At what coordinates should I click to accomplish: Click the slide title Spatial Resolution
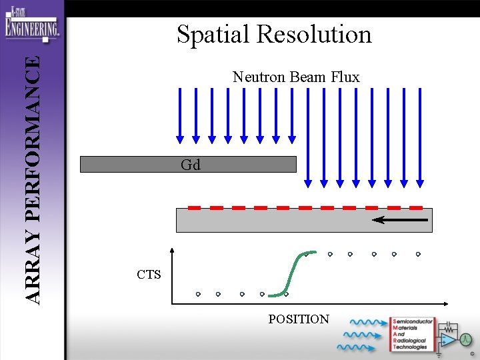coord(274,34)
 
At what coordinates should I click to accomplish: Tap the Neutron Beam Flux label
coord(296,77)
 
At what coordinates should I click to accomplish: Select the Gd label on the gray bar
coord(190,165)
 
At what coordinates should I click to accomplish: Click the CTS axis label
coord(149,274)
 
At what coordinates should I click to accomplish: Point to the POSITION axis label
coord(299,319)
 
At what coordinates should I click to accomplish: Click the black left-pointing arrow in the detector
coord(400,219)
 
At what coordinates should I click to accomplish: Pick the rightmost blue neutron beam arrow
coord(420,137)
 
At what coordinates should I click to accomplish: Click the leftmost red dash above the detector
coord(194,207)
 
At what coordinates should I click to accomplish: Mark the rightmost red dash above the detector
coord(416,207)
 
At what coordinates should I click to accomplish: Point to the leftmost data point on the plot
coord(198,294)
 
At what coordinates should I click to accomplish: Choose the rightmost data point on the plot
coord(418,254)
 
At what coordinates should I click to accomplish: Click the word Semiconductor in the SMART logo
coord(413,321)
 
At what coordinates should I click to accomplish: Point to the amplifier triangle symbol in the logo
coord(451,339)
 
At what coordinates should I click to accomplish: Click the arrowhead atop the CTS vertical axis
coord(173,252)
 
